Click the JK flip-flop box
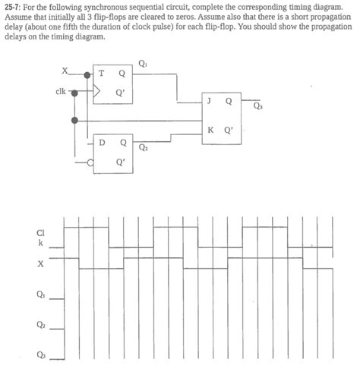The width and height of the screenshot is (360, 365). (x=221, y=112)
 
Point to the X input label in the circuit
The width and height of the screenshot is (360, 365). (x=66, y=71)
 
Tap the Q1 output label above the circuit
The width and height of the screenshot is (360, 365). (x=144, y=63)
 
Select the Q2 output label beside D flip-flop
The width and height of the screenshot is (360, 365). (x=144, y=148)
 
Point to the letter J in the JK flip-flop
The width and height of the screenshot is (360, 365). (x=208, y=100)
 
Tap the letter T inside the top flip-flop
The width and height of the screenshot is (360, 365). (x=102, y=74)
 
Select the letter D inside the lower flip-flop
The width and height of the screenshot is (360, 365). (x=103, y=142)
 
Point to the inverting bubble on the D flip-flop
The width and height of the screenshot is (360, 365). (x=90, y=160)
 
